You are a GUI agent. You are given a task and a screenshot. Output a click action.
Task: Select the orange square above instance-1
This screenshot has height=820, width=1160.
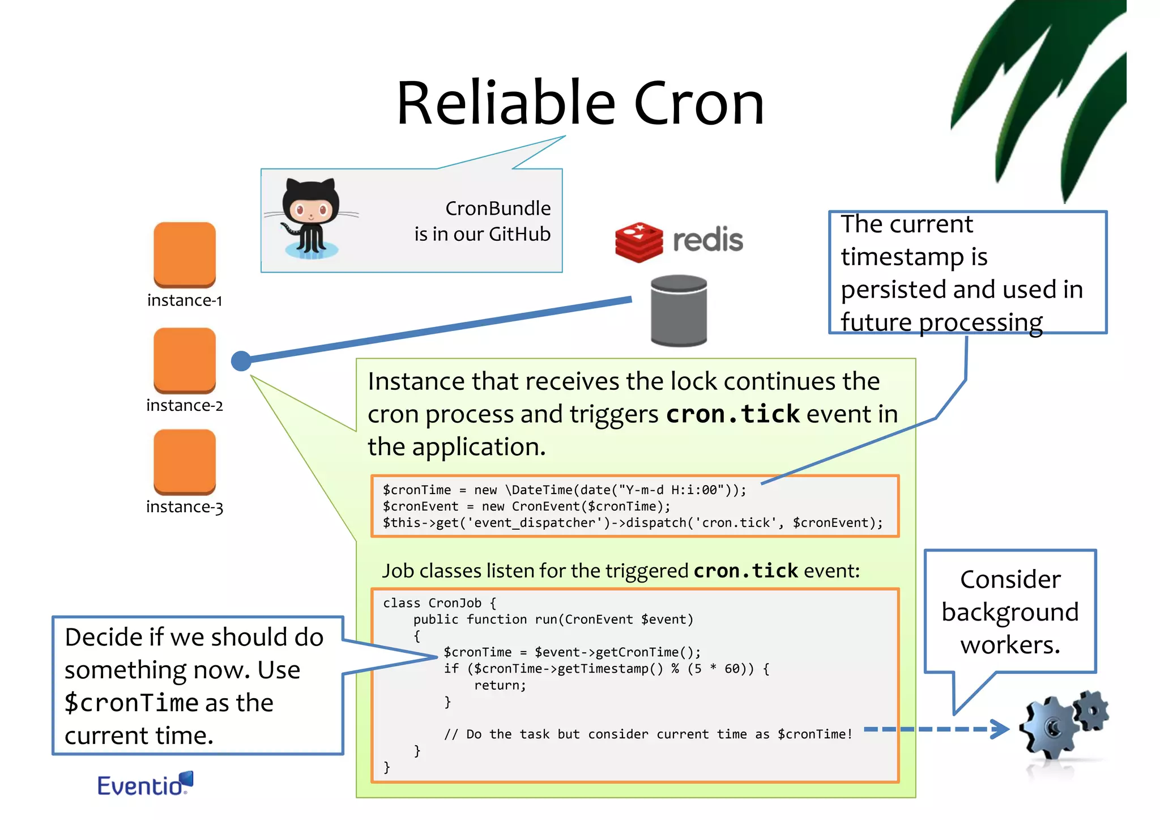(x=185, y=254)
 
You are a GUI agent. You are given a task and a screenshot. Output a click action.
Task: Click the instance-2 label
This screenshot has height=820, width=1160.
(x=185, y=406)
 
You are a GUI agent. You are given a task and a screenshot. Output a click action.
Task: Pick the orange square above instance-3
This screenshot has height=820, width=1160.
(x=185, y=461)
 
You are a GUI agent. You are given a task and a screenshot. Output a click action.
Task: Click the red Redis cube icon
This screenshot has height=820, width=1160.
(x=639, y=242)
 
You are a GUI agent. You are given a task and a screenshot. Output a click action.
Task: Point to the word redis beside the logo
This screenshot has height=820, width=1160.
(x=707, y=240)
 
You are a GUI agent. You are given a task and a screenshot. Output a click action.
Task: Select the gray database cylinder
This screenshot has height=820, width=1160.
(x=679, y=311)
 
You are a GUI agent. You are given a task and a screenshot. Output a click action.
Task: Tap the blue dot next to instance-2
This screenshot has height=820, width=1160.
(x=241, y=361)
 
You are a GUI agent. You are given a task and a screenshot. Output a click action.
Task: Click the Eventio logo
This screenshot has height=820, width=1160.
(x=145, y=784)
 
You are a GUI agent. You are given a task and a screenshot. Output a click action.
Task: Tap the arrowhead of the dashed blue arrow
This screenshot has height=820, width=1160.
(x=1001, y=729)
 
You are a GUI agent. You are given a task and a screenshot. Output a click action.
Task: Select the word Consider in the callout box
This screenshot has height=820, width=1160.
(x=1010, y=580)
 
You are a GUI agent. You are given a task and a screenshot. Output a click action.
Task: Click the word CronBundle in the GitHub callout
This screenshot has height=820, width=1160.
(x=497, y=209)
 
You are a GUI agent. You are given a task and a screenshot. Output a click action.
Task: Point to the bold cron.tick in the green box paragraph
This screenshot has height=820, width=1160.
(x=732, y=414)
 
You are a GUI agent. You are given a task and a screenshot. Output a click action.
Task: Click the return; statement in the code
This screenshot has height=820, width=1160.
(x=500, y=686)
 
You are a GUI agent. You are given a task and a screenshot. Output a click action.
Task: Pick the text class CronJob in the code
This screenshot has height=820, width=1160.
(x=432, y=603)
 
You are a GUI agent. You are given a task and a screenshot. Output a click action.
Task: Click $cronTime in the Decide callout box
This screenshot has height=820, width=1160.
(x=131, y=703)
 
